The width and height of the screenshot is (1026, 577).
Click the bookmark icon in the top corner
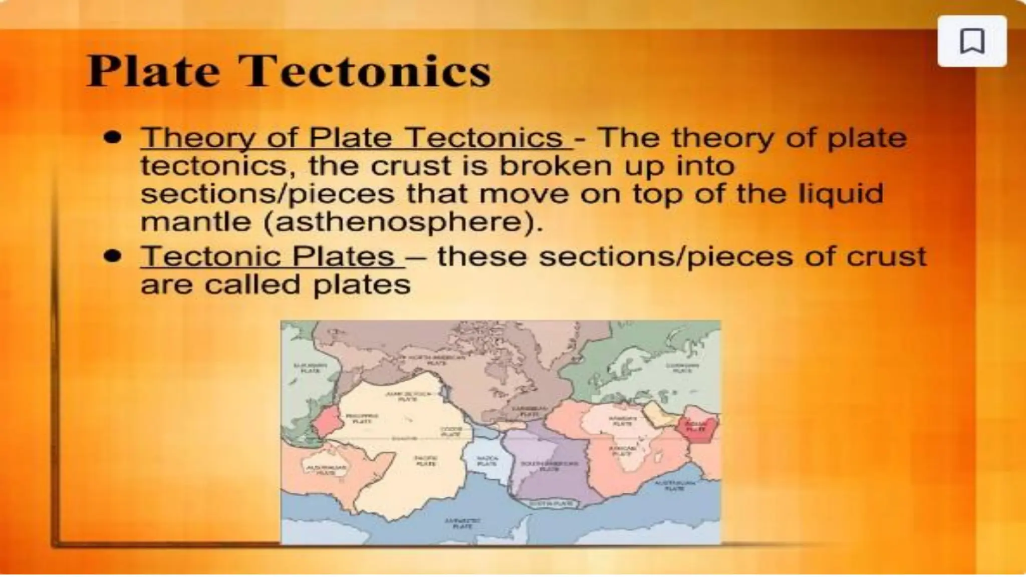tap(972, 41)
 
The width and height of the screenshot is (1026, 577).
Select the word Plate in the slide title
tap(153, 71)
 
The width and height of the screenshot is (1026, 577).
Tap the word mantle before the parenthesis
tap(195, 221)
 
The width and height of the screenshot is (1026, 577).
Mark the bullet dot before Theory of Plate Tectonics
tap(113, 137)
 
